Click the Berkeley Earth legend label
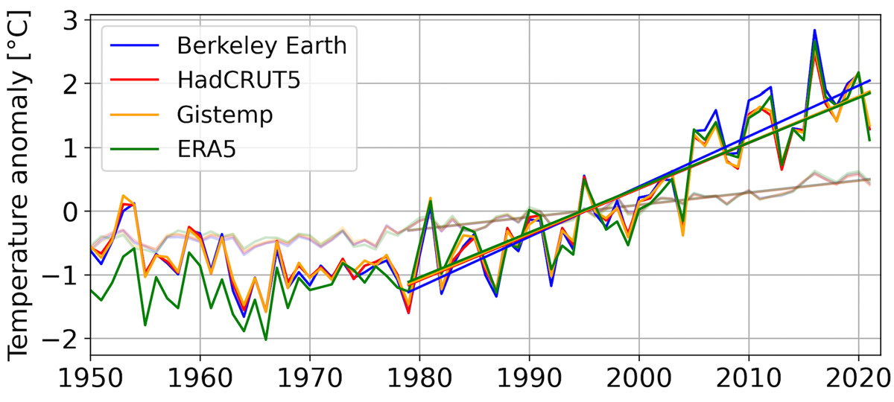click(x=262, y=45)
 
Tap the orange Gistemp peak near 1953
click(x=123, y=195)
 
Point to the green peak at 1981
click(x=431, y=200)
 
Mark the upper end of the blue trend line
click(x=870, y=81)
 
